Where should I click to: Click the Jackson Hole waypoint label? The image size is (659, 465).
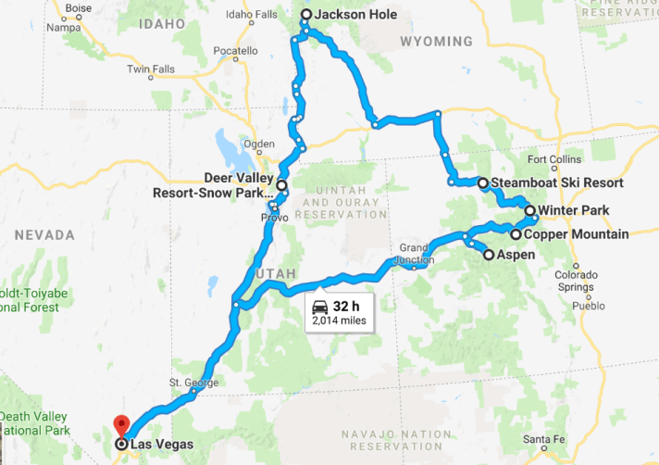(x=355, y=15)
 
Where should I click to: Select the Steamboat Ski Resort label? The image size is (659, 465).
(x=556, y=183)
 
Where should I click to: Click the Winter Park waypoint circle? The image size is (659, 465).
(x=530, y=211)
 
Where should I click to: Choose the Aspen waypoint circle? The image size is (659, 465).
(x=488, y=255)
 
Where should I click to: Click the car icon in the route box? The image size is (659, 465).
(x=319, y=307)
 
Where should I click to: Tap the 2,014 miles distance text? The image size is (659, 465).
(x=339, y=321)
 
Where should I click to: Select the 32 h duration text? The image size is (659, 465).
(x=345, y=307)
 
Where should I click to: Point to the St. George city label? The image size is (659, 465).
(x=193, y=383)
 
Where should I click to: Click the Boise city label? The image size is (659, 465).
(x=80, y=8)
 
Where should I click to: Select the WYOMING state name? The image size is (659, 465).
(x=435, y=42)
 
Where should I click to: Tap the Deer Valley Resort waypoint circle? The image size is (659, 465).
(x=281, y=186)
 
